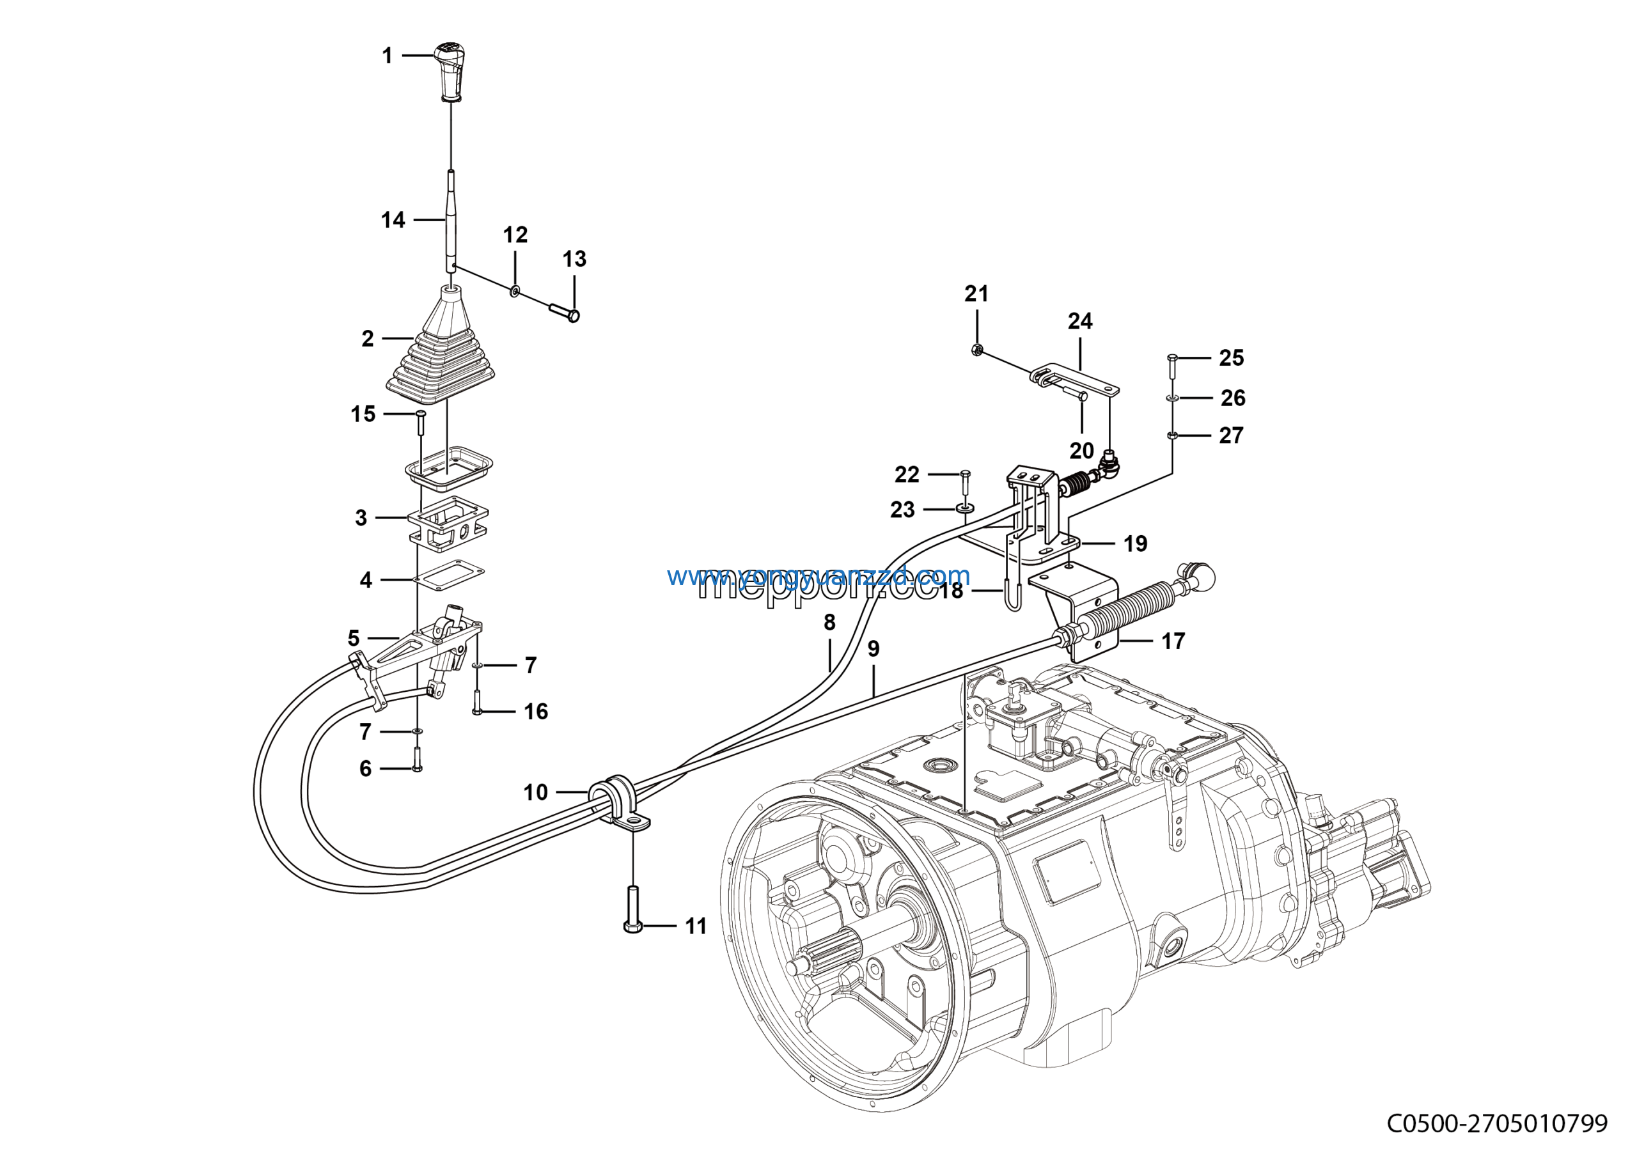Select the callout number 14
click(x=393, y=219)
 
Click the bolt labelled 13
click(x=564, y=311)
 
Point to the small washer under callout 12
click(x=514, y=291)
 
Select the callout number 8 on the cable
click(x=829, y=622)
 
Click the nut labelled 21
click(x=978, y=349)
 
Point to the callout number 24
click(x=1079, y=322)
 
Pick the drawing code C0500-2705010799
click(x=1496, y=1125)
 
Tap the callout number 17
click(x=1173, y=641)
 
